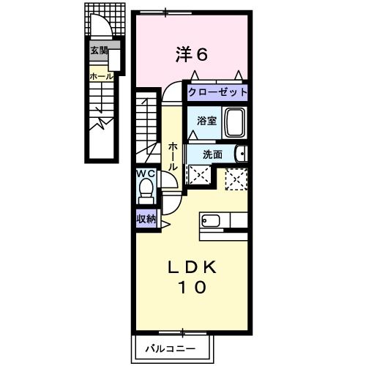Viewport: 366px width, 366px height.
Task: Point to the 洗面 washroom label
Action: click(212, 154)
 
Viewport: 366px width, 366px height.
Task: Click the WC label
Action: click(146, 174)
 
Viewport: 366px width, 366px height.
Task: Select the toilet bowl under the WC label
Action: click(146, 192)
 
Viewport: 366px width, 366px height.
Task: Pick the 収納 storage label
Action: click(146, 219)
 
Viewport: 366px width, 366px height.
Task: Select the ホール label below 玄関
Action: click(100, 75)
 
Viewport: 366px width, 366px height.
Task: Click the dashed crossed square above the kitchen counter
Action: click(236, 178)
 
